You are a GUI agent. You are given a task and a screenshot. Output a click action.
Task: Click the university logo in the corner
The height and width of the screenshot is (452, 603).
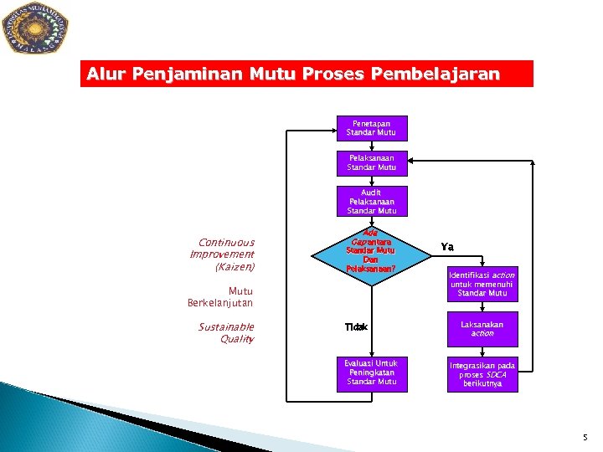click(x=35, y=28)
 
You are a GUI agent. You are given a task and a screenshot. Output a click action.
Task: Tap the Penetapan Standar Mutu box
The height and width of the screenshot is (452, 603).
click(x=372, y=128)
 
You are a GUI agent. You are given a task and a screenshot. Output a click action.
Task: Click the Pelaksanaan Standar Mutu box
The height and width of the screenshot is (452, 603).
click(x=372, y=162)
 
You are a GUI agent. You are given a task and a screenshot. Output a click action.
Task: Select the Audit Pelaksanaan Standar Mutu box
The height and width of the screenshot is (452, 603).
click(x=372, y=202)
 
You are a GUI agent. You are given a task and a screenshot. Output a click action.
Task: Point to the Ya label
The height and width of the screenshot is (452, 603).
click(x=448, y=247)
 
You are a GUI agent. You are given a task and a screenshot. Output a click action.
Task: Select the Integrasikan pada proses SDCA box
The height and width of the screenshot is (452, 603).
click(x=482, y=374)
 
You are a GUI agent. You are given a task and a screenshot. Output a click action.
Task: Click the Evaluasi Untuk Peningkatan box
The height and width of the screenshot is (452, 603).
click(x=371, y=372)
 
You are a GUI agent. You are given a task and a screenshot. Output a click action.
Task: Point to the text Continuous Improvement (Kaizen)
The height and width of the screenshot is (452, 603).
click(x=222, y=254)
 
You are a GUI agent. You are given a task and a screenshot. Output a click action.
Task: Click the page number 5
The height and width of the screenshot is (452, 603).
click(x=585, y=437)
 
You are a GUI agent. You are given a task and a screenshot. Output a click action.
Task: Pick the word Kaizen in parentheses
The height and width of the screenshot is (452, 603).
click(x=235, y=267)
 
